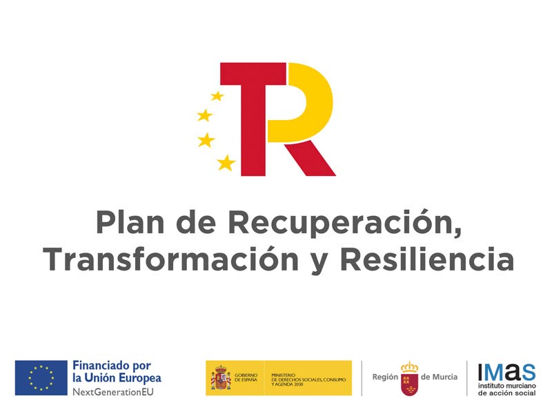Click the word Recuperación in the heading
coord(343,222)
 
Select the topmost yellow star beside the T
coord(217,96)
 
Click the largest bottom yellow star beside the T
coord(226,163)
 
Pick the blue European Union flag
coord(41,378)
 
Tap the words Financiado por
coord(111,366)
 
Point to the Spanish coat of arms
coord(221,378)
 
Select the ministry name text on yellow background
coord(307,378)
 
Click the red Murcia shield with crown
coord(410,378)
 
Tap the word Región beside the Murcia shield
coord(385,377)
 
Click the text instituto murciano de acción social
coord(506,388)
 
